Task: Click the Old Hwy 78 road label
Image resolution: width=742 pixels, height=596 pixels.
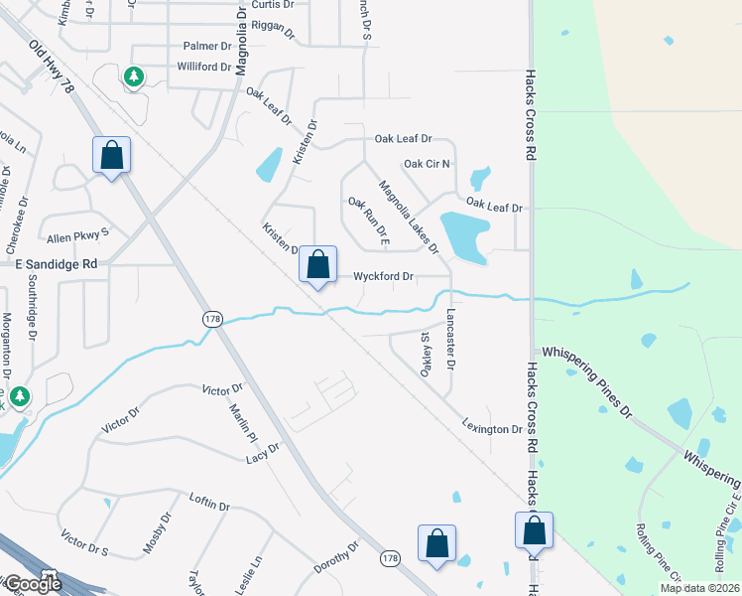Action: (53, 68)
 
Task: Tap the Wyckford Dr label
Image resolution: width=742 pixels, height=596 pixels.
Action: (384, 277)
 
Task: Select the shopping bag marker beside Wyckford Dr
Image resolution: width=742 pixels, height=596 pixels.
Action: (317, 265)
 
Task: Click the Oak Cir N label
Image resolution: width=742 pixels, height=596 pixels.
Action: (428, 163)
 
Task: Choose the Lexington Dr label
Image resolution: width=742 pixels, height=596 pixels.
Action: (491, 429)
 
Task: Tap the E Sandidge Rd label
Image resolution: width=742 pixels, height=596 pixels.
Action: (56, 264)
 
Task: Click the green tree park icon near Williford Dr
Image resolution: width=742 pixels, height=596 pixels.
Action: (133, 76)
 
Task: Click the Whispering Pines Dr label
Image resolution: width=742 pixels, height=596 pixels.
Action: (584, 380)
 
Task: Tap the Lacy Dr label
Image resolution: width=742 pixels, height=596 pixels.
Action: (263, 454)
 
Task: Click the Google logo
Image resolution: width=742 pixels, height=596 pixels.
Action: (32, 584)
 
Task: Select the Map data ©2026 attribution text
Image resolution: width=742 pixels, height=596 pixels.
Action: (699, 588)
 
